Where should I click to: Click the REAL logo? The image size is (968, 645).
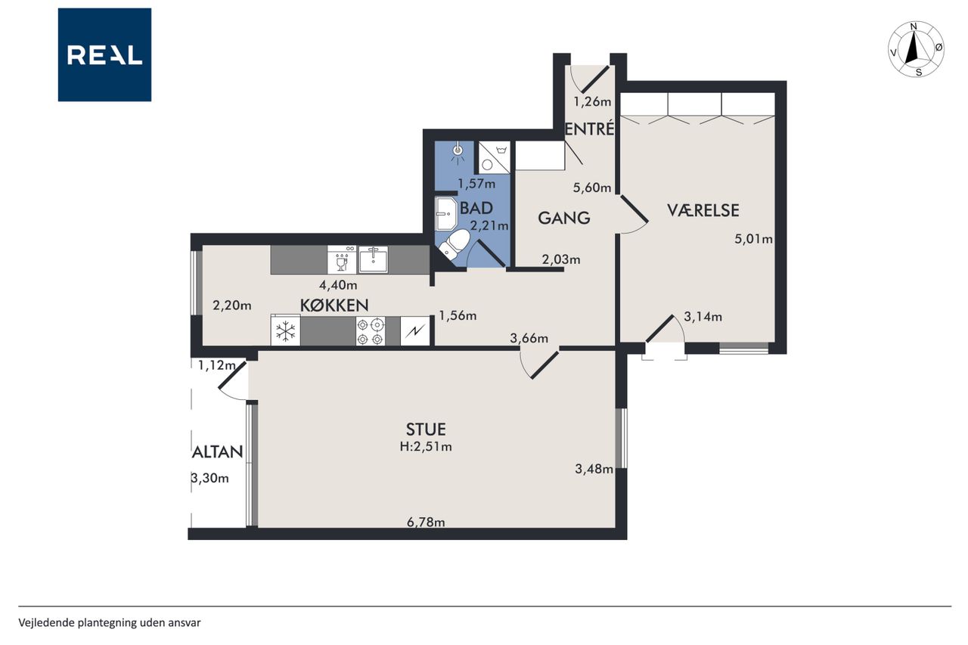(x=104, y=55)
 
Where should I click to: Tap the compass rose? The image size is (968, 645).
(x=916, y=49)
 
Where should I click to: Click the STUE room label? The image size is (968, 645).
(x=426, y=429)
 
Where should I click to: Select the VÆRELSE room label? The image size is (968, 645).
(x=703, y=210)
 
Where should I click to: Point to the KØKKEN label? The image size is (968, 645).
(x=334, y=305)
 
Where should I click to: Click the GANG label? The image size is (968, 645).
(x=564, y=218)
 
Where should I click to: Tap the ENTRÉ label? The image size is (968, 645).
(x=589, y=129)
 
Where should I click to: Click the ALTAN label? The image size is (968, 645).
(x=217, y=452)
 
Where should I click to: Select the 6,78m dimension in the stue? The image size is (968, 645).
(x=426, y=523)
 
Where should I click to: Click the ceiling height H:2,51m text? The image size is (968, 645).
(x=426, y=447)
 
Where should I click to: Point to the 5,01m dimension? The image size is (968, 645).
(x=754, y=238)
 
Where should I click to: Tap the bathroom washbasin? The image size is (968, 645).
(x=446, y=214)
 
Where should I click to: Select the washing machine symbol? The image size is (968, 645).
(x=495, y=157)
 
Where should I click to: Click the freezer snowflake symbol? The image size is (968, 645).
(x=286, y=331)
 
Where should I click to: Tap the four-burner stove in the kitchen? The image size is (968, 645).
(x=371, y=331)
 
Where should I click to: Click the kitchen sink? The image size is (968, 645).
(x=373, y=259)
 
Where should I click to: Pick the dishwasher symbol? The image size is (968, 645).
(x=342, y=259)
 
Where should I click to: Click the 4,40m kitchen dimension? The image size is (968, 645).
(x=338, y=285)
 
